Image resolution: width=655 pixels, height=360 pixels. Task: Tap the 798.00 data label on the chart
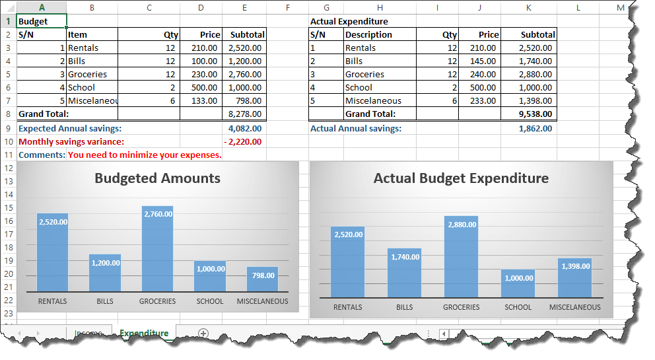pyautogui.click(x=263, y=275)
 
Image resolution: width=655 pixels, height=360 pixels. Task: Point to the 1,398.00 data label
pyautogui.click(x=576, y=266)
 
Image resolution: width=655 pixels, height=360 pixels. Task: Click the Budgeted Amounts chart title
pyautogui.click(x=157, y=178)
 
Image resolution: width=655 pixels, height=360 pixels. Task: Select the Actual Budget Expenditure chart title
pyautogui.click(x=461, y=178)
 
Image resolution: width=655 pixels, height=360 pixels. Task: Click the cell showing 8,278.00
pyautogui.click(x=244, y=114)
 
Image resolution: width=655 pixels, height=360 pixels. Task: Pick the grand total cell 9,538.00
pyautogui.click(x=535, y=114)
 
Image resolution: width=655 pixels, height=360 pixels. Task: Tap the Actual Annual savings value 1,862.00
pyautogui.click(x=535, y=128)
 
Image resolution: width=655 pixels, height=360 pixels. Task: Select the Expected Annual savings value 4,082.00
pyautogui.click(x=244, y=128)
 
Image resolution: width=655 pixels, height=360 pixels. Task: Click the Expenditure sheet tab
pyautogui.click(x=144, y=333)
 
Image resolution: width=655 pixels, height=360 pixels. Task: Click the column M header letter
pyautogui.click(x=620, y=7)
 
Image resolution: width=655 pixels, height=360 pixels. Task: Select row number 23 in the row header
pyautogui.click(x=8, y=314)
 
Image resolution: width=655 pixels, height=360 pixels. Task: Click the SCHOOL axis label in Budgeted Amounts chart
pyautogui.click(x=210, y=301)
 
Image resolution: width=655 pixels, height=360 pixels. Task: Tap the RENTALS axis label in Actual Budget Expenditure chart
pyautogui.click(x=347, y=307)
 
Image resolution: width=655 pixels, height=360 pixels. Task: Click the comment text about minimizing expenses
pyautogui.click(x=145, y=155)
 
